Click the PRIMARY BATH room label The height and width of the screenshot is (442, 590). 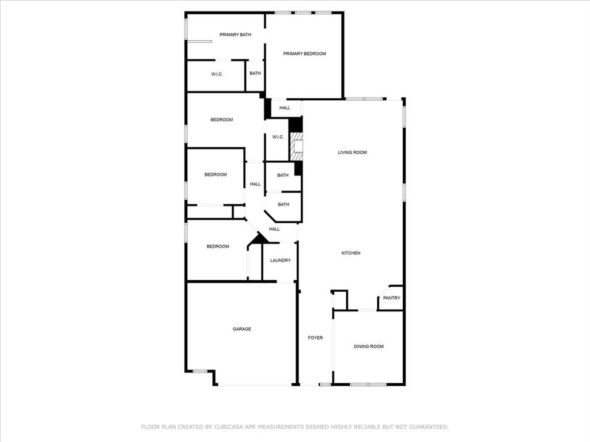pos(235,35)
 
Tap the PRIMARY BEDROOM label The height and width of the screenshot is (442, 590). pos(304,54)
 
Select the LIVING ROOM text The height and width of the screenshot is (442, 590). pos(352,152)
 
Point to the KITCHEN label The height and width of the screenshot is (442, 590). pos(351,253)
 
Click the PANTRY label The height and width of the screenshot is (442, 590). pos(392,298)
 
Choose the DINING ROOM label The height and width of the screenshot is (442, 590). pos(369,346)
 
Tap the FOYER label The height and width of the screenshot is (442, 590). pos(315,337)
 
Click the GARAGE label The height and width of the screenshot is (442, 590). pos(241,329)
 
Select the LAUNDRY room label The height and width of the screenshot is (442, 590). pos(281,260)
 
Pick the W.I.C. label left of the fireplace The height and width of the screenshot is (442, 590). pos(278,137)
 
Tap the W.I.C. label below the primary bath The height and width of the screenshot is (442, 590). pos(217,74)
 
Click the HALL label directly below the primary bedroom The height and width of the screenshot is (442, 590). pos(285,108)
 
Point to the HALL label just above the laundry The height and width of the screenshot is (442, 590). pos(274,229)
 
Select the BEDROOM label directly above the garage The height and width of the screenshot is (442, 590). pos(218,246)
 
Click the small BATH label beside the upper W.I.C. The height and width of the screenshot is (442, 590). pos(255,73)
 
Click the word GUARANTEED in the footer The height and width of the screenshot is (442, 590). pos(428,426)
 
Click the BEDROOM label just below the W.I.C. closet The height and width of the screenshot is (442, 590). pos(222,120)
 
